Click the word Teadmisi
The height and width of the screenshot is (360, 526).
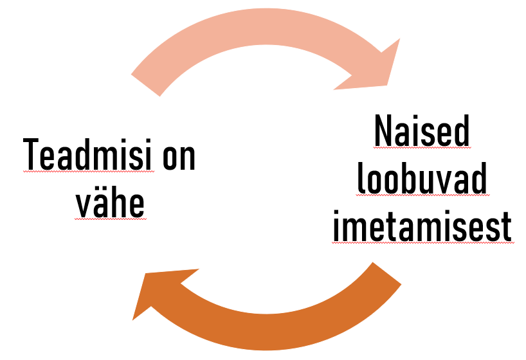88,154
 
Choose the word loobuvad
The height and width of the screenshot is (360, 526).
422,181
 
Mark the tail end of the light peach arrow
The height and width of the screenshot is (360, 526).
145,84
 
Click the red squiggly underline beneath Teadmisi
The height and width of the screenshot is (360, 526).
88,172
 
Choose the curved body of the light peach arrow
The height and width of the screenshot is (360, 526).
257,29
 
